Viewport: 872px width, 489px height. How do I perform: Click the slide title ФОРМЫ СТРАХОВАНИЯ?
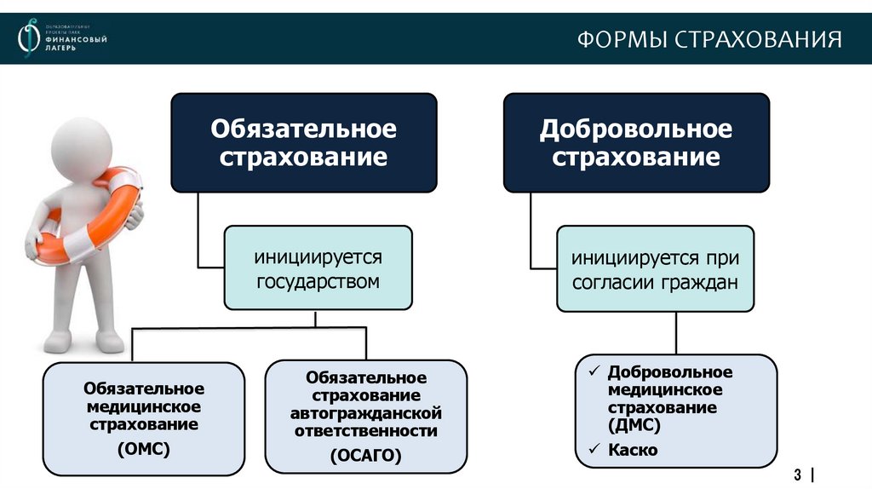tap(709, 40)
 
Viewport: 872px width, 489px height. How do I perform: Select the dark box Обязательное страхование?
tap(304, 142)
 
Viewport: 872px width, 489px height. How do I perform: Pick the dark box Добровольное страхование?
tap(636, 142)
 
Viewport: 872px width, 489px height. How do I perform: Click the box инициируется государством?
tap(318, 268)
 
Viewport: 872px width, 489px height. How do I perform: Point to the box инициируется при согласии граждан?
tap(655, 268)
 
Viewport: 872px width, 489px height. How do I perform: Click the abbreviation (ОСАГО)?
tap(366, 455)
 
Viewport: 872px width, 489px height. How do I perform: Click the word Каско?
tap(633, 450)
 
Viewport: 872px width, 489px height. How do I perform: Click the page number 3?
tap(799, 473)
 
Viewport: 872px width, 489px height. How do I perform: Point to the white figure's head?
tap(81, 149)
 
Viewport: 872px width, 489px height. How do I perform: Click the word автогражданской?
tap(366, 413)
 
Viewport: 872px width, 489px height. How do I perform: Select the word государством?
tap(318, 280)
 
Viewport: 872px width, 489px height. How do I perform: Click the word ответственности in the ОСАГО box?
tap(366, 431)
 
